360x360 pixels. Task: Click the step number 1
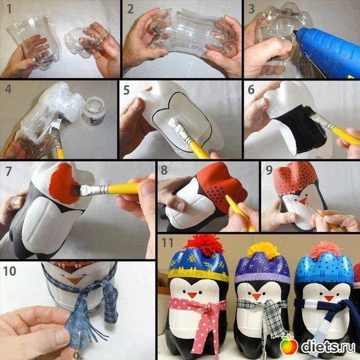[9, 8]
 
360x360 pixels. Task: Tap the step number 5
[126, 90]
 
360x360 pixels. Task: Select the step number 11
[167, 242]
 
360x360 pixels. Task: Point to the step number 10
[10, 271]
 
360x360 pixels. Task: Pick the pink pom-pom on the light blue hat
[326, 250]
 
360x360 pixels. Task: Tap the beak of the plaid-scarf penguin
[257, 296]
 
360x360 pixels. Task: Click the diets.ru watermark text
[328, 346]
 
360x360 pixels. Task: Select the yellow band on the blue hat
[198, 274]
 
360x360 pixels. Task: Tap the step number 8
[164, 170]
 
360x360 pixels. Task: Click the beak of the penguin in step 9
[303, 202]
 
